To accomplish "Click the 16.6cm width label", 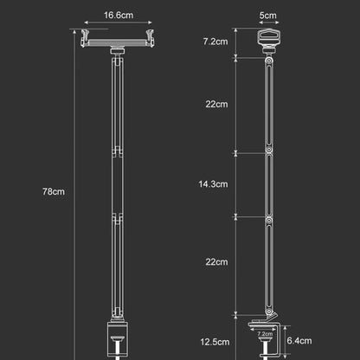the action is point(119,15).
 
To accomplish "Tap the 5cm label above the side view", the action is point(267,15).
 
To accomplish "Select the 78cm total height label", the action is point(54,191).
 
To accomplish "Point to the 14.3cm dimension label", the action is point(213,184).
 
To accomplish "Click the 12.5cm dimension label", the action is point(215,342).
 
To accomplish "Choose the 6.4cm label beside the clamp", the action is point(299,341).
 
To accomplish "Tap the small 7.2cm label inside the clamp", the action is point(265,334).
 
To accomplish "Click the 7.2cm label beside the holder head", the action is point(215,42).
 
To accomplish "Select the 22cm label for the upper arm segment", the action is point(216,104).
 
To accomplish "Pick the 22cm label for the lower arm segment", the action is point(216,262).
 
